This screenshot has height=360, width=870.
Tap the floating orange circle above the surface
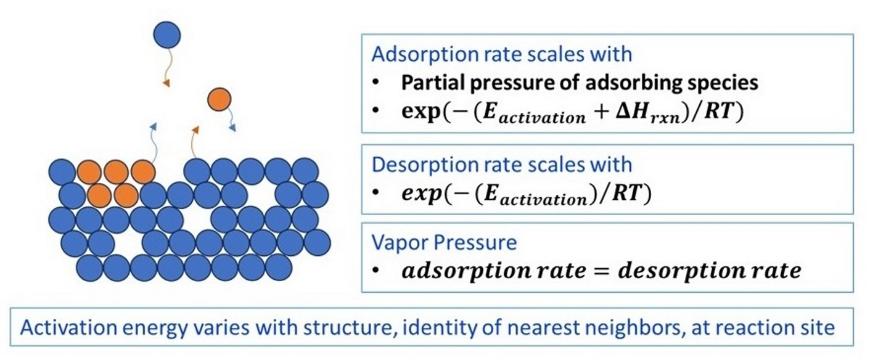(219, 99)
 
